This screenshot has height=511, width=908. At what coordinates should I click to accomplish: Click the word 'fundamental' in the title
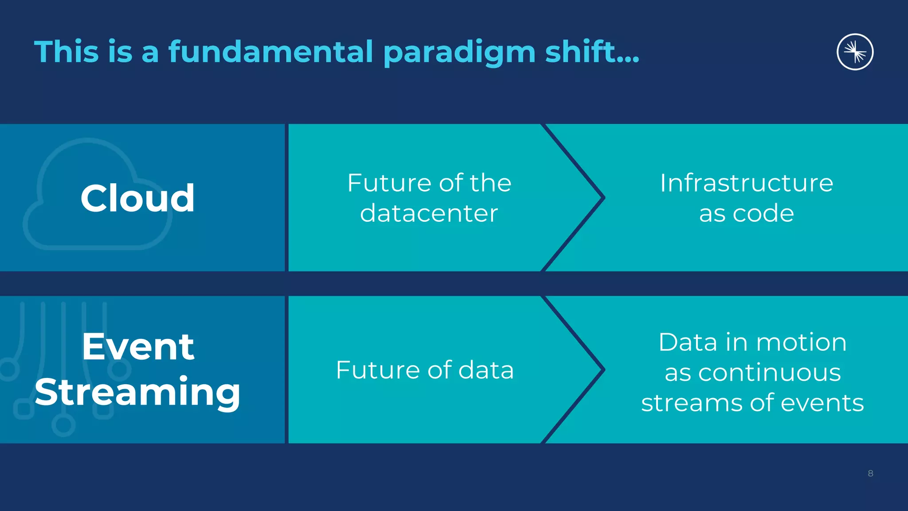point(270,52)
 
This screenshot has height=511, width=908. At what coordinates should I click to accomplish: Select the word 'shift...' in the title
point(592,52)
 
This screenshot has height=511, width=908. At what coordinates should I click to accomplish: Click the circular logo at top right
point(855,52)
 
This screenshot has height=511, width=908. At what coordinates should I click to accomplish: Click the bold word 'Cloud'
point(137,198)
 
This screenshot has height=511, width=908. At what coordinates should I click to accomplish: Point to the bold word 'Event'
point(138,346)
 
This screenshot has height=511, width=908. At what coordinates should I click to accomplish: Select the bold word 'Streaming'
point(137,392)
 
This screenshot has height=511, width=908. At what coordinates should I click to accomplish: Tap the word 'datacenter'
point(429,213)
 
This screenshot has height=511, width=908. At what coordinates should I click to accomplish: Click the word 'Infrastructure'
point(746,183)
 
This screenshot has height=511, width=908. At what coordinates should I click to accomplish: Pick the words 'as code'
point(746,213)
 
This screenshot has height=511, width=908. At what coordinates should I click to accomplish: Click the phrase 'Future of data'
point(425,370)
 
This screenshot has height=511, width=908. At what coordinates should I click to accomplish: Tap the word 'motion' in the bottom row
point(801,342)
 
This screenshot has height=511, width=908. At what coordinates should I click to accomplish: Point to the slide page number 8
point(870,473)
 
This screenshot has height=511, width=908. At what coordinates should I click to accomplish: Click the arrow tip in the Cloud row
point(602,197)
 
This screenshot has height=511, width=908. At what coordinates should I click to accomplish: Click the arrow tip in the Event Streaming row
point(602,369)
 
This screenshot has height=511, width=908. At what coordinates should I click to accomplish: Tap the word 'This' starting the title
point(66,52)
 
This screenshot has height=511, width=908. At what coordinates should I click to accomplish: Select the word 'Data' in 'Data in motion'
point(688,342)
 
